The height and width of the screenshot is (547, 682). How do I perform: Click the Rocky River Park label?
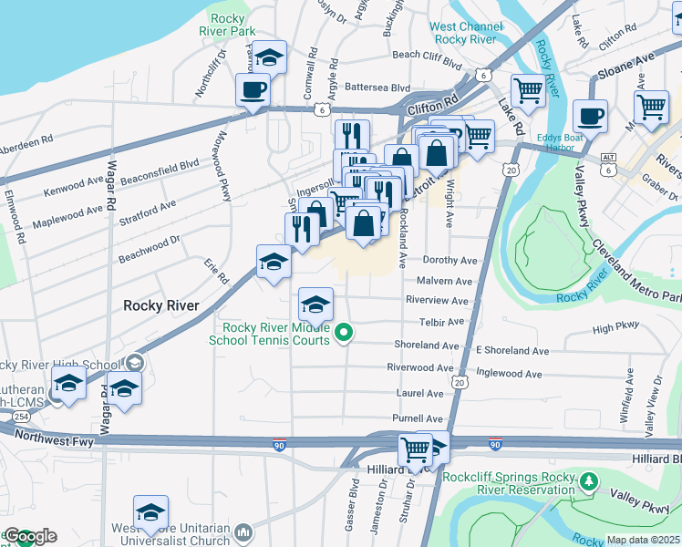pos(232,24)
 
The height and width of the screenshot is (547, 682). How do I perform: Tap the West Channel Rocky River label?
pos(465,33)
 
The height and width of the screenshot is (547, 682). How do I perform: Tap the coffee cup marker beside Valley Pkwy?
pos(590,117)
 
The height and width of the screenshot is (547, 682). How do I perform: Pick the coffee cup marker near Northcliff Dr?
pos(253,89)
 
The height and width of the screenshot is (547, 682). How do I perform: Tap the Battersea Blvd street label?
pos(376,88)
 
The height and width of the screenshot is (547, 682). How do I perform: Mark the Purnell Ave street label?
pos(417,418)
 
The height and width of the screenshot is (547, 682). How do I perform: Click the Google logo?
pos(30,536)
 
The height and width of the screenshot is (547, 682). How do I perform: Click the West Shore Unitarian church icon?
pos(243,531)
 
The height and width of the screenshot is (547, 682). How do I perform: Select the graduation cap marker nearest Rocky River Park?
pos(270,57)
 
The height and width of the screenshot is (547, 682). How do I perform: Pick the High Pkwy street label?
pos(616,328)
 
